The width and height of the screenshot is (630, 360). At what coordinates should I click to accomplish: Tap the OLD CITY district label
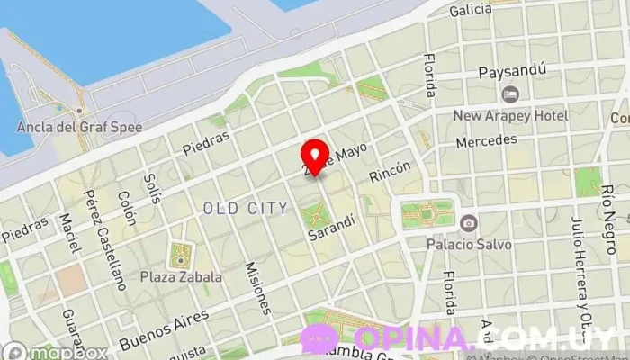click(x=246, y=209)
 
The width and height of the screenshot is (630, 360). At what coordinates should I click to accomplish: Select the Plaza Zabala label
click(x=181, y=277)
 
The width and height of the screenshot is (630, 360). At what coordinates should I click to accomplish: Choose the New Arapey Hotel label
click(x=510, y=116)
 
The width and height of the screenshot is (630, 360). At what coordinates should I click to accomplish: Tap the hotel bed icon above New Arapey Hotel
click(x=510, y=94)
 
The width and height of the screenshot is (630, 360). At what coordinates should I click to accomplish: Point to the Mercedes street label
click(x=486, y=141)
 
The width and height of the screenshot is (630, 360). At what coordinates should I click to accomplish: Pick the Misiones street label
click(x=257, y=288)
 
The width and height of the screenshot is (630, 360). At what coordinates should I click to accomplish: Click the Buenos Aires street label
click(x=163, y=329)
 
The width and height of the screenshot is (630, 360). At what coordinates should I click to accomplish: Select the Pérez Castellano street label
click(x=104, y=239)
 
